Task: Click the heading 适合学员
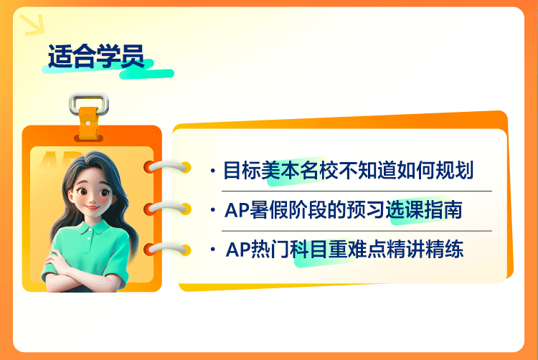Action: point(95,56)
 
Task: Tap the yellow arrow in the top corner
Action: point(33,24)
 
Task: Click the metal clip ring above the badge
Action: point(89,102)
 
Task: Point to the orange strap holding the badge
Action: point(89,123)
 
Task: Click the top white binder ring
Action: point(167,166)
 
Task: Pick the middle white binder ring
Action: point(167,208)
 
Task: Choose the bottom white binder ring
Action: point(167,250)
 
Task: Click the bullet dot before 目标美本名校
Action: point(213,171)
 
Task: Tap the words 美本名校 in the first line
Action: point(300,170)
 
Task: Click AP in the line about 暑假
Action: point(236,210)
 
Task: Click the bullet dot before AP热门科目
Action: point(213,250)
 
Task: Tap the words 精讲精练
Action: point(425,250)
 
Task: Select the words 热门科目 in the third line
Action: point(288,250)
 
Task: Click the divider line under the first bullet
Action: point(357,191)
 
